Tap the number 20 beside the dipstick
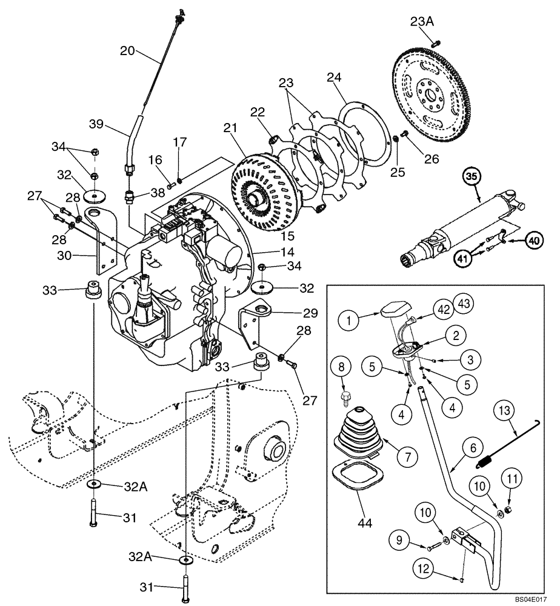click(127, 52)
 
